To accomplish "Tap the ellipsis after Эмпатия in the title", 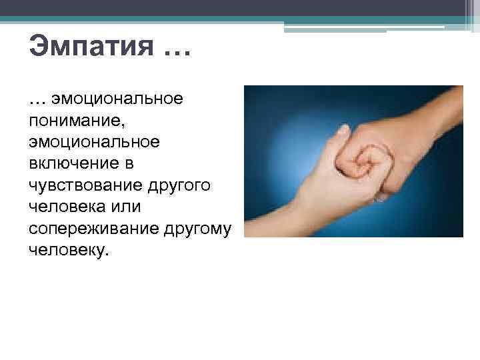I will (x=175, y=53).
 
